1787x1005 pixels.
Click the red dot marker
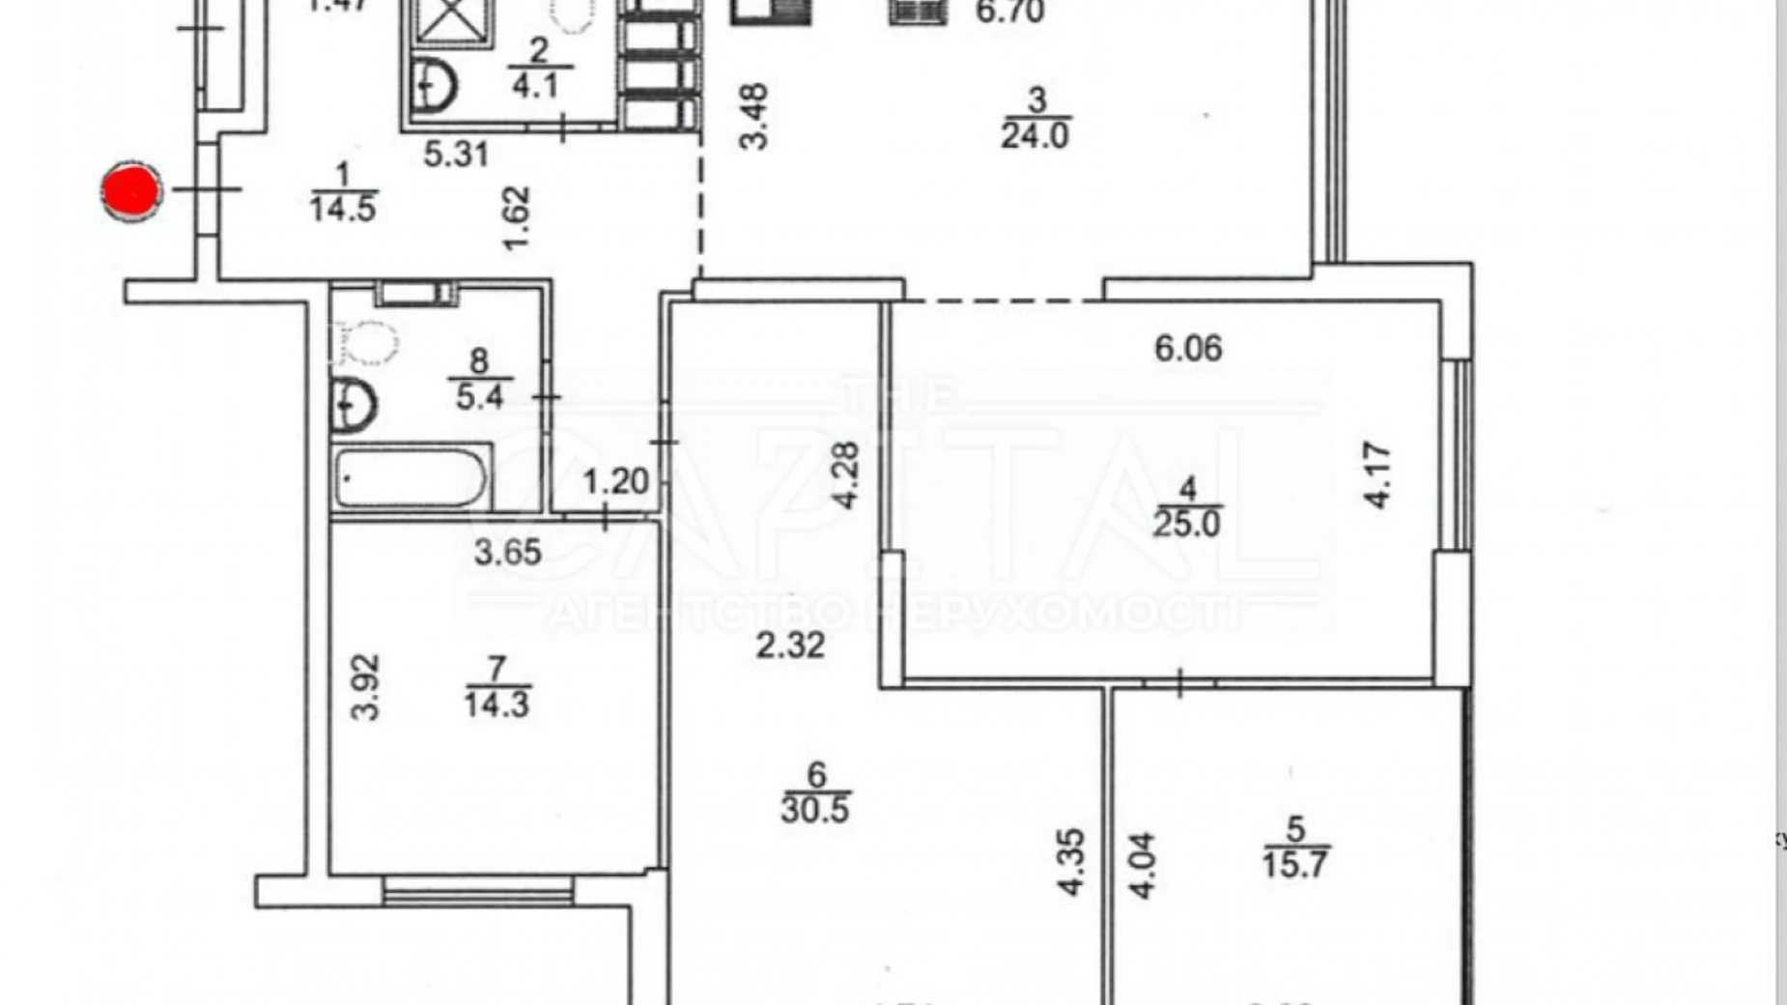point(131,191)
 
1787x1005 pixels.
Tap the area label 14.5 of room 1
point(343,208)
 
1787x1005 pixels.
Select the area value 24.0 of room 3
point(1035,135)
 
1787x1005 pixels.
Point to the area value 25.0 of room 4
point(1186,524)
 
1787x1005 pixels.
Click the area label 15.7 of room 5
point(1294,863)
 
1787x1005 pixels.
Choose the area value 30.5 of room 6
point(815,809)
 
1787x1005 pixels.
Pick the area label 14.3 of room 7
point(496,703)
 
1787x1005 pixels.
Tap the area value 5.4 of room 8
point(479,396)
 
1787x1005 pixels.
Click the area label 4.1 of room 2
point(535,86)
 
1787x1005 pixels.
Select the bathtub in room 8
point(410,477)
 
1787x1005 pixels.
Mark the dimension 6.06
point(1188,348)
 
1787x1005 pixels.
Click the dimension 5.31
point(456,154)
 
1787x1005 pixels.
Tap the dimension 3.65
point(507,552)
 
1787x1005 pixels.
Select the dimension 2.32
point(790,645)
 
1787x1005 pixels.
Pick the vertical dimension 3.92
point(365,687)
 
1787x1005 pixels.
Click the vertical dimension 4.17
point(1378,474)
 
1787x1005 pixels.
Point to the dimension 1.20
point(616,480)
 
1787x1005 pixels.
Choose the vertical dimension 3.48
point(753,116)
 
